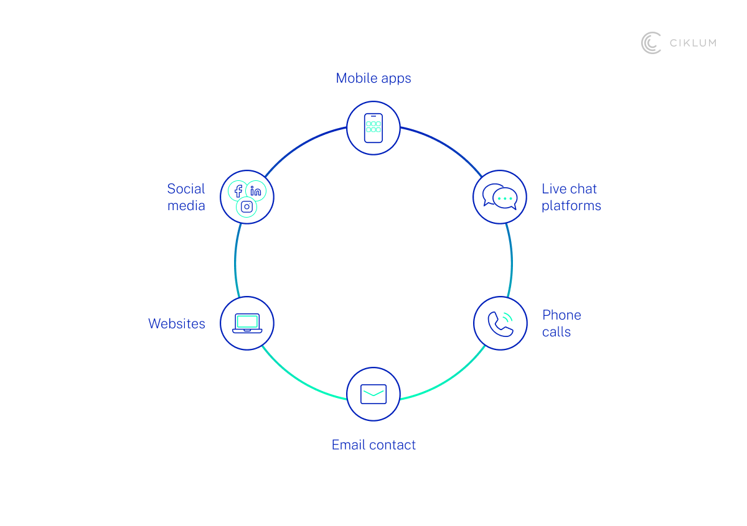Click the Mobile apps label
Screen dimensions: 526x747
click(374, 78)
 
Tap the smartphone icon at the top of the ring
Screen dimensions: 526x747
click(374, 127)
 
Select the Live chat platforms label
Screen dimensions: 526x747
click(571, 197)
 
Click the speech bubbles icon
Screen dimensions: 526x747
click(500, 196)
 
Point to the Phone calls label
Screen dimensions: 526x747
click(561, 323)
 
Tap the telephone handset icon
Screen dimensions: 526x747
click(500, 323)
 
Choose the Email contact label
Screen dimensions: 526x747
click(374, 445)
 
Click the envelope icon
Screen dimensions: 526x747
click(374, 394)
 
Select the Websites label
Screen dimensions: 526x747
click(177, 324)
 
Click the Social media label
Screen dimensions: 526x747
click(186, 197)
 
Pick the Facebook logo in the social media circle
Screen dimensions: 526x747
click(238, 191)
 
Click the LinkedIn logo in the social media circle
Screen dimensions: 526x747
click(256, 191)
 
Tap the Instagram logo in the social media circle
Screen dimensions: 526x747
click(247, 207)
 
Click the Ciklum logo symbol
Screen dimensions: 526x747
click(651, 43)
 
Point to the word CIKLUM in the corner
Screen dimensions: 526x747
click(692, 43)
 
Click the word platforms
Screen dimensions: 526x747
click(571, 206)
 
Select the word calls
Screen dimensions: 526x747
click(556, 332)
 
